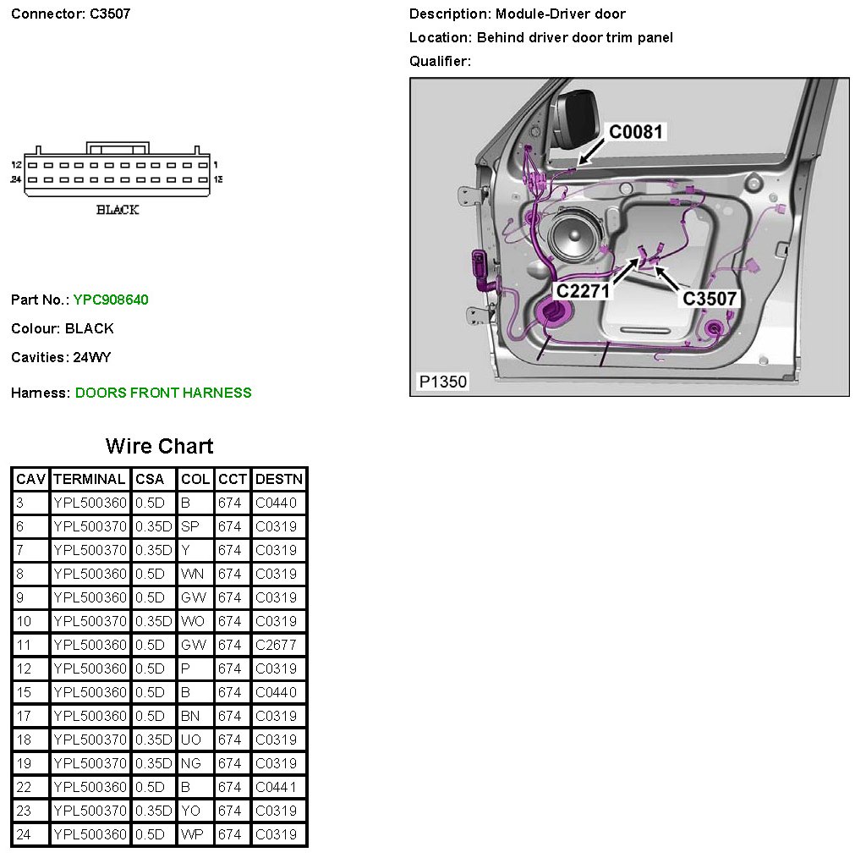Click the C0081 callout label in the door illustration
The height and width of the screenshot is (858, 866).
pyautogui.click(x=637, y=132)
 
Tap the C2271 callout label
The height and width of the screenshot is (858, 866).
pyautogui.click(x=584, y=290)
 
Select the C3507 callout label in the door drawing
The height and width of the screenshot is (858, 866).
pyautogui.click(x=710, y=298)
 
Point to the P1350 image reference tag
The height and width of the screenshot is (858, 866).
pyautogui.click(x=443, y=382)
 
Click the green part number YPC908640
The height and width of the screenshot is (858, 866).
pyautogui.click(x=111, y=300)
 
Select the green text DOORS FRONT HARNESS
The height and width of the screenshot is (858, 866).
pyautogui.click(x=163, y=393)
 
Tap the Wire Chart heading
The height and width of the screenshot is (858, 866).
pyautogui.click(x=159, y=446)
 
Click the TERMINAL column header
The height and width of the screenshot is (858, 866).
pyautogui.click(x=90, y=479)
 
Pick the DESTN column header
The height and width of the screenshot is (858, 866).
pyautogui.click(x=278, y=479)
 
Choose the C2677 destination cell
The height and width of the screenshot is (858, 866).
pyautogui.click(x=276, y=645)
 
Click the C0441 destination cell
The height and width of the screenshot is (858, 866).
pyautogui.click(x=276, y=787)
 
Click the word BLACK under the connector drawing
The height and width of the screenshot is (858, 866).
pyautogui.click(x=118, y=210)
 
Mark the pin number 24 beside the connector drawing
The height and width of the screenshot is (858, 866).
pyautogui.click(x=15, y=179)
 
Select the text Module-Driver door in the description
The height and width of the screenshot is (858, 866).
pyautogui.click(x=561, y=14)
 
